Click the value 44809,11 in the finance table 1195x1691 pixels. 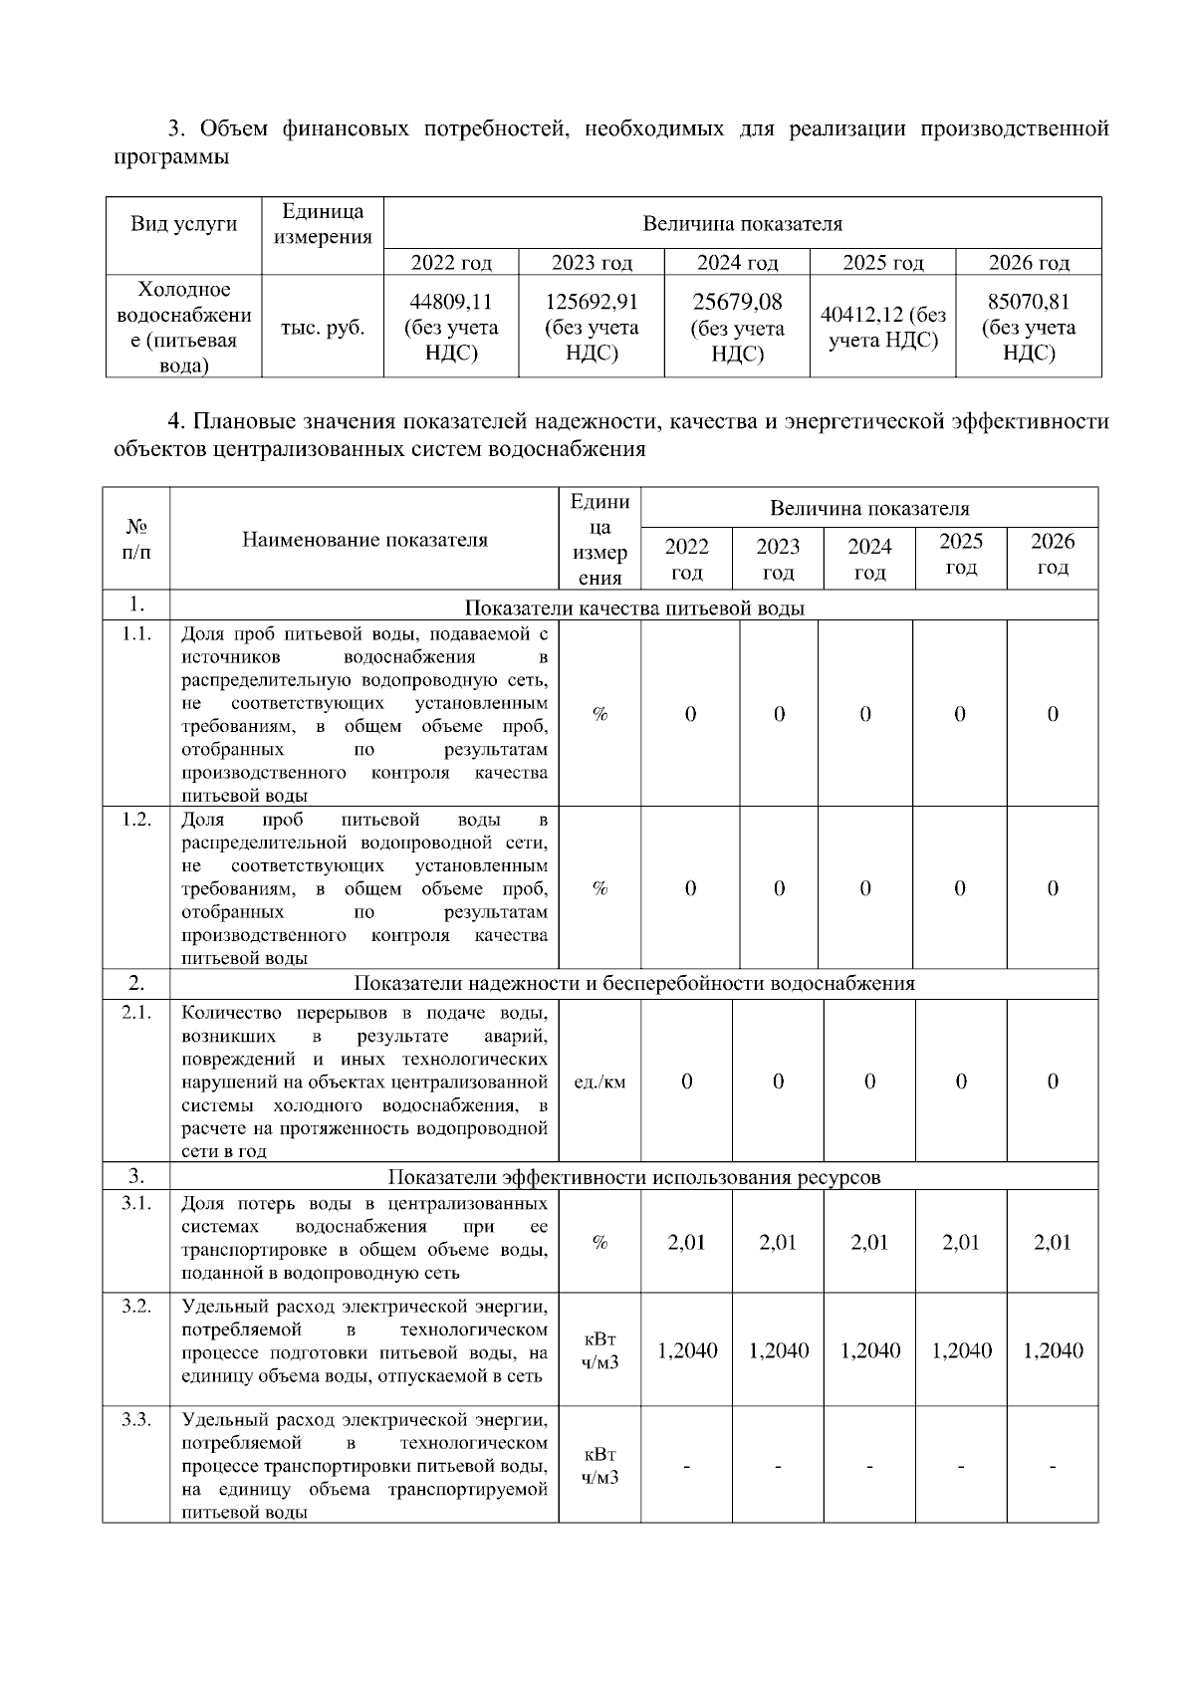[451, 302]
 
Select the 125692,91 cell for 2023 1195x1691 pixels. [592, 302]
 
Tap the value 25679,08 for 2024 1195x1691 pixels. [737, 302]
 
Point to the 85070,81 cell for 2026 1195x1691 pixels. [1029, 302]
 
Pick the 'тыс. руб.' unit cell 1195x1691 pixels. [323, 328]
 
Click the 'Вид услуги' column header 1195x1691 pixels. [184, 223]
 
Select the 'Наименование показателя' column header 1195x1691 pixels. [364, 540]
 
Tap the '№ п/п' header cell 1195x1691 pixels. [136, 539]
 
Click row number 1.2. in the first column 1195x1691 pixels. [136, 819]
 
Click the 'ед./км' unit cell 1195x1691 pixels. [600, 1082]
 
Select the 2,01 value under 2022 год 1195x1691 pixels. [687, 1242]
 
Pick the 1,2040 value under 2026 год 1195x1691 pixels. [1053, 1350]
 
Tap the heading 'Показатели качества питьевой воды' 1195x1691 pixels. [634, 607]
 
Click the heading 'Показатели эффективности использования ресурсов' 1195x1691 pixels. [634, 1177]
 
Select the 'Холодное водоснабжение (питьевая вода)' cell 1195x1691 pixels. [184, 328]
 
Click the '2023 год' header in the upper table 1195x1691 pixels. [592, 263]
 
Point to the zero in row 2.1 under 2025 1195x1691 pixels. [961, 1082]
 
